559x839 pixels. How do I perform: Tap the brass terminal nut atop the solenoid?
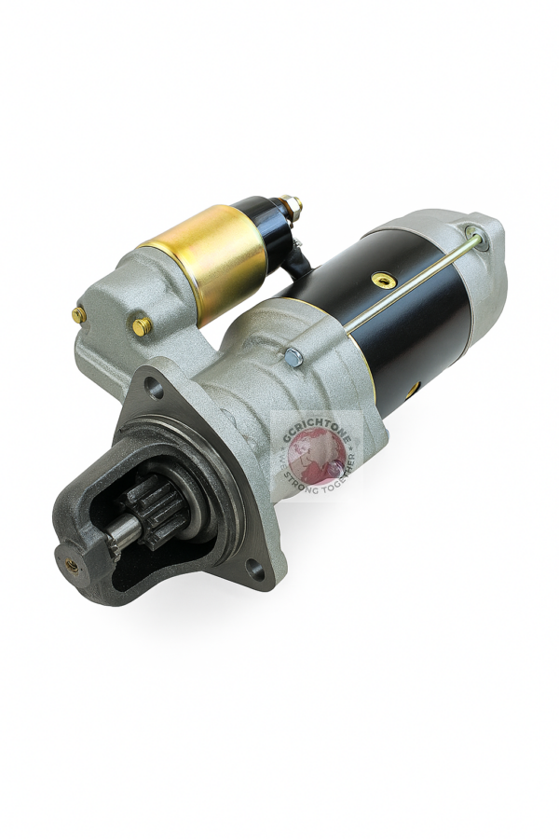(x=289, y=204)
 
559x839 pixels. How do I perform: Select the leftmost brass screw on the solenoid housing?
(x=78, y=315)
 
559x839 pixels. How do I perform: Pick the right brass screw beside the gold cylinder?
(x=141, y=326)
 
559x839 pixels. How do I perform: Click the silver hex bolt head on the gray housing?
(x=293, y=356)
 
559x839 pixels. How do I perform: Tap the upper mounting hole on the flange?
(x=155, y=388)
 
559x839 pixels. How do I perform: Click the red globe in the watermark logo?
(x=315, y=457)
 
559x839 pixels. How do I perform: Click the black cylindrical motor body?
(x=410, y=317)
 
